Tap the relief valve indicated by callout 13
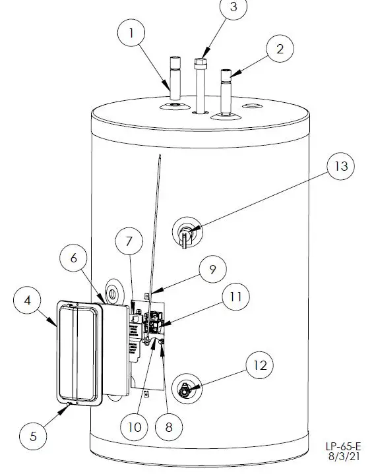click(185, 233)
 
